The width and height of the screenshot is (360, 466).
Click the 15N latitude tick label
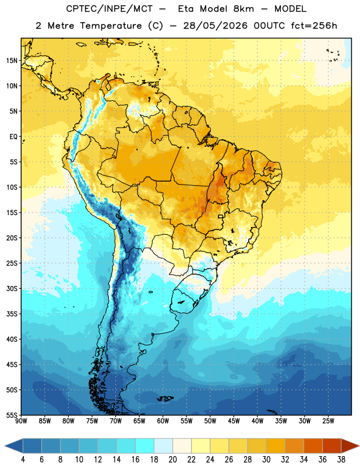pos(12,61)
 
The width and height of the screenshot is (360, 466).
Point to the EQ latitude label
pos(13,137)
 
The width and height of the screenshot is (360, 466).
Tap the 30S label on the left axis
pos(12,288)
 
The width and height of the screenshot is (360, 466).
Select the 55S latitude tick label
pos(12,415)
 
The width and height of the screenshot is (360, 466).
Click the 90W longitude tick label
pos(21,421)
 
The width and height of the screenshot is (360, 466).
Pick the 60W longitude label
pos(163,421)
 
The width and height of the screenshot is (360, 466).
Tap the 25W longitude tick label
pos(328,421)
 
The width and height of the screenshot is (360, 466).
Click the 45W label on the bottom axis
pos(234,421)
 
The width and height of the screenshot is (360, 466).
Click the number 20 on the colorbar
pos(172,460)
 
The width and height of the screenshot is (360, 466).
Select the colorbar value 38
pos(341,460)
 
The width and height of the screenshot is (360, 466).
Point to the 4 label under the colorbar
pos(23,460)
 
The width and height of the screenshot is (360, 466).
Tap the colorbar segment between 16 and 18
pos(145,446)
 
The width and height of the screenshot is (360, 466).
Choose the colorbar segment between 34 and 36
pos(313,446)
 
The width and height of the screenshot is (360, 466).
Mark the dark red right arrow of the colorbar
pos(350,446)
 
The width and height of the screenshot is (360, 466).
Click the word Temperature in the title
pos(111,26)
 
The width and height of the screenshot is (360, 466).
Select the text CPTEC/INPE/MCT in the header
pos(109,9)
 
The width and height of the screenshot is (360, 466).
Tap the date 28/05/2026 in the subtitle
pos(215,26)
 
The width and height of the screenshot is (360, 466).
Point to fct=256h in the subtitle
pos(314,26)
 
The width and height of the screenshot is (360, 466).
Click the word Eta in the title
pos(186,9)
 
